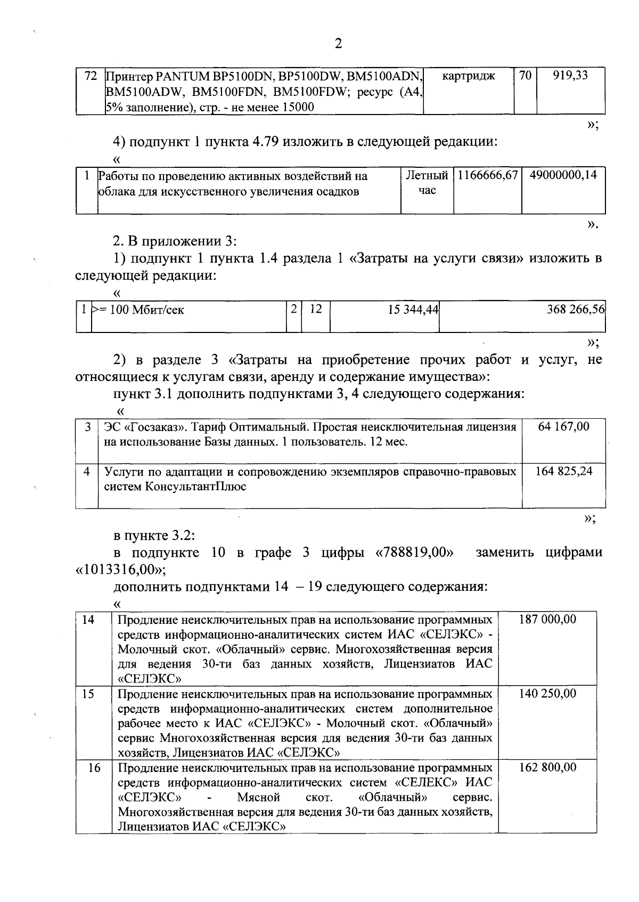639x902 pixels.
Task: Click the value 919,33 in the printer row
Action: (570, 76)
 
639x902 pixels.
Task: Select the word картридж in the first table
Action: (468, 76)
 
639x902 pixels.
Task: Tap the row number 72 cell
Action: (91, 76)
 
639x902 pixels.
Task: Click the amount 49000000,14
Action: (563, 175)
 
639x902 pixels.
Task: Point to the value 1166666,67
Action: (487, 175)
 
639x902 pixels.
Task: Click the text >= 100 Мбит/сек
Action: (138, 310)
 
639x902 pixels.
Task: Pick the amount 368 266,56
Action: (576, 310)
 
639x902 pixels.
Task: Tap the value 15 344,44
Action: (413, 310)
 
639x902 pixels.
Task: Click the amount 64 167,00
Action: (564, 426)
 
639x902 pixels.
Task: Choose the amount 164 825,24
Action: (563, 471)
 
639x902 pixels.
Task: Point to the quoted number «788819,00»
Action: (415, 552)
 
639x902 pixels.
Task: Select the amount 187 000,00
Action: (547, 619)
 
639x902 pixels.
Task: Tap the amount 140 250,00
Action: (547, 693)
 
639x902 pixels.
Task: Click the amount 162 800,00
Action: (547, 767)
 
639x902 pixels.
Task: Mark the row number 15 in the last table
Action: (88, 693)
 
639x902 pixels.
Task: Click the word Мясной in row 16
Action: (259, 797)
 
